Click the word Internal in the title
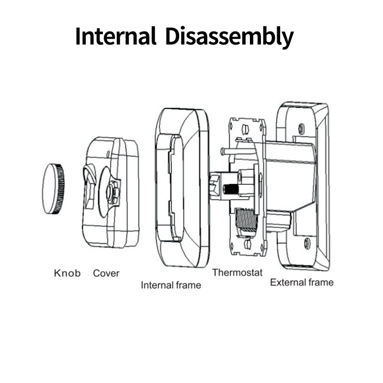(116, 36)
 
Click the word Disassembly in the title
(229, 37)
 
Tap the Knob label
(67, 273)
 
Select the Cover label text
(106, 273)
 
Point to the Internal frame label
(171, 285)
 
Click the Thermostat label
(237, 272)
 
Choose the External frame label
(302, 282)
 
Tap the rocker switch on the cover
(89, 187)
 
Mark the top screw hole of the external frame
(301, 128)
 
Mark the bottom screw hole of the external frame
(307, 243)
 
